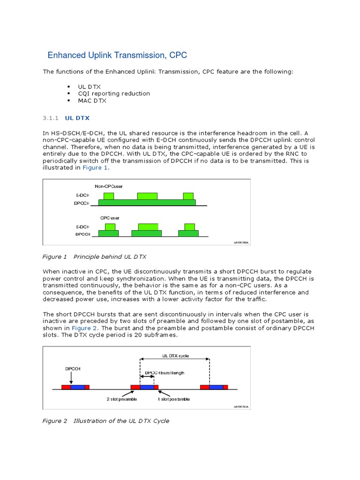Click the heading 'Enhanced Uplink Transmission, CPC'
point(117,55)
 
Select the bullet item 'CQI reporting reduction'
point(114,93)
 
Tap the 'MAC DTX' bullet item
point(92,100)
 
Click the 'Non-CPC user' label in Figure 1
point(108,187)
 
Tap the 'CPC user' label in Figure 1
point(110,217)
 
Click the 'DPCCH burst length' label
point(165,373)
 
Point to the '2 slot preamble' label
point(121,399)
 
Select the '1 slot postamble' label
point(174,399)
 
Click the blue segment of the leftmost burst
point(77,387)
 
